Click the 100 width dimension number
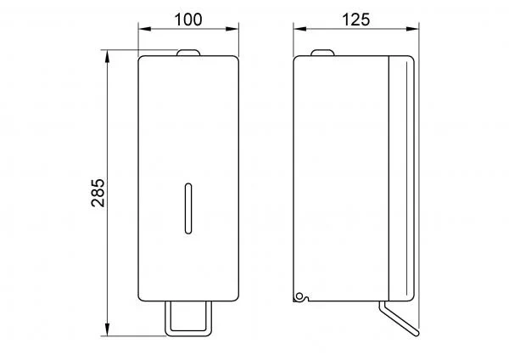point(188,20)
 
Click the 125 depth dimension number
point(355,20)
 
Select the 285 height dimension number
point(98,193)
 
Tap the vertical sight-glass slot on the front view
point(188,209)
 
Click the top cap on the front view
point(188,53)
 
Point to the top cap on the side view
point(322,53)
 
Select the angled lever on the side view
point(400,319)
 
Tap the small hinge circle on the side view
point(299,296)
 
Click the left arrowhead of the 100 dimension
point(145,29)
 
